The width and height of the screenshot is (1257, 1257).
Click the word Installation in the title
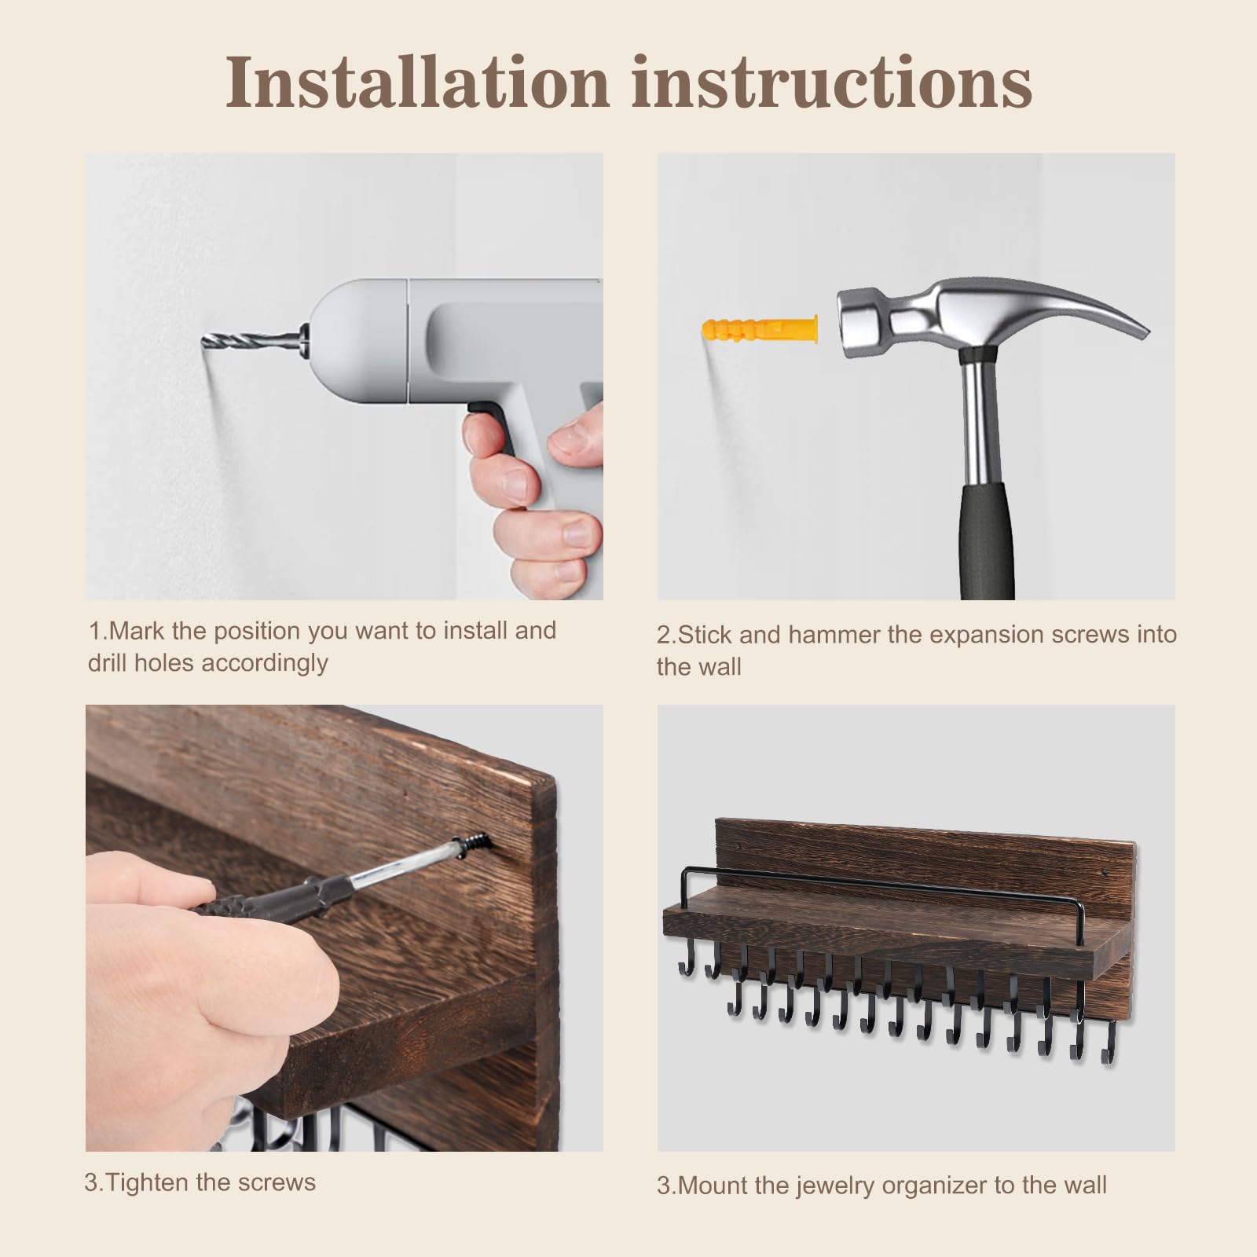click(x=418, y=82)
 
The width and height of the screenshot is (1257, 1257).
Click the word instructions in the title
click(x=832, y=82)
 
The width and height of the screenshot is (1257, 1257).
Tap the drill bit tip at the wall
click(x=204, y=339)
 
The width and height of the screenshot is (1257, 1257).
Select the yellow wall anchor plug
click(x=759, y=328)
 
